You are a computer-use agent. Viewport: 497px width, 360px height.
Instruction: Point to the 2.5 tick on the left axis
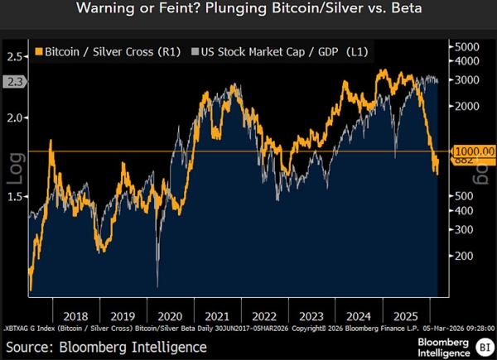tap(15, 56)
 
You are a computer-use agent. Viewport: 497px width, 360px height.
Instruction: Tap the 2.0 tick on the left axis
tap(15, 118)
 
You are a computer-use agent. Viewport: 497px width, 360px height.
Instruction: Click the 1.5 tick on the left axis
tap(15, 196)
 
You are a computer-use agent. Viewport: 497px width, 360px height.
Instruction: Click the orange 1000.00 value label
tap(471, 151)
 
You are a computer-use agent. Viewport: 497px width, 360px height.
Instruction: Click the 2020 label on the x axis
tap(170, 315)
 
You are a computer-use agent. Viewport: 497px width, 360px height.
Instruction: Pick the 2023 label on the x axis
tap(311, 315)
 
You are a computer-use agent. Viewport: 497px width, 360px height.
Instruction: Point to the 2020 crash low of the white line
tap(157, 286)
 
